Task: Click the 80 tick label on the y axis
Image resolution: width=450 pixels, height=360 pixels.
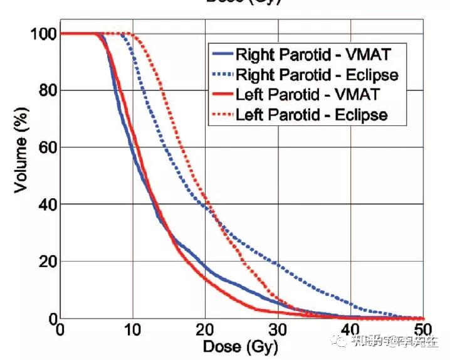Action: point(45,90)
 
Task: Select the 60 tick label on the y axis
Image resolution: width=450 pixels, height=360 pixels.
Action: point(45,147)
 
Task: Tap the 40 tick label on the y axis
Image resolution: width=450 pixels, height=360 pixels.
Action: point(45,204)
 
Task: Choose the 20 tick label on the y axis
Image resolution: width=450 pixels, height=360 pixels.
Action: point(45,262)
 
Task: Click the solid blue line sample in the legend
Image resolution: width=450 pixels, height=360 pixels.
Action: point(223,55)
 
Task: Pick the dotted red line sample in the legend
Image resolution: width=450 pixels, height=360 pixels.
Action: point(223,115)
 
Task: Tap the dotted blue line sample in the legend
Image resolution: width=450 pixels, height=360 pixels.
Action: point(223,75)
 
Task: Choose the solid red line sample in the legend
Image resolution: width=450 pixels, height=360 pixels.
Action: point(223,95)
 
